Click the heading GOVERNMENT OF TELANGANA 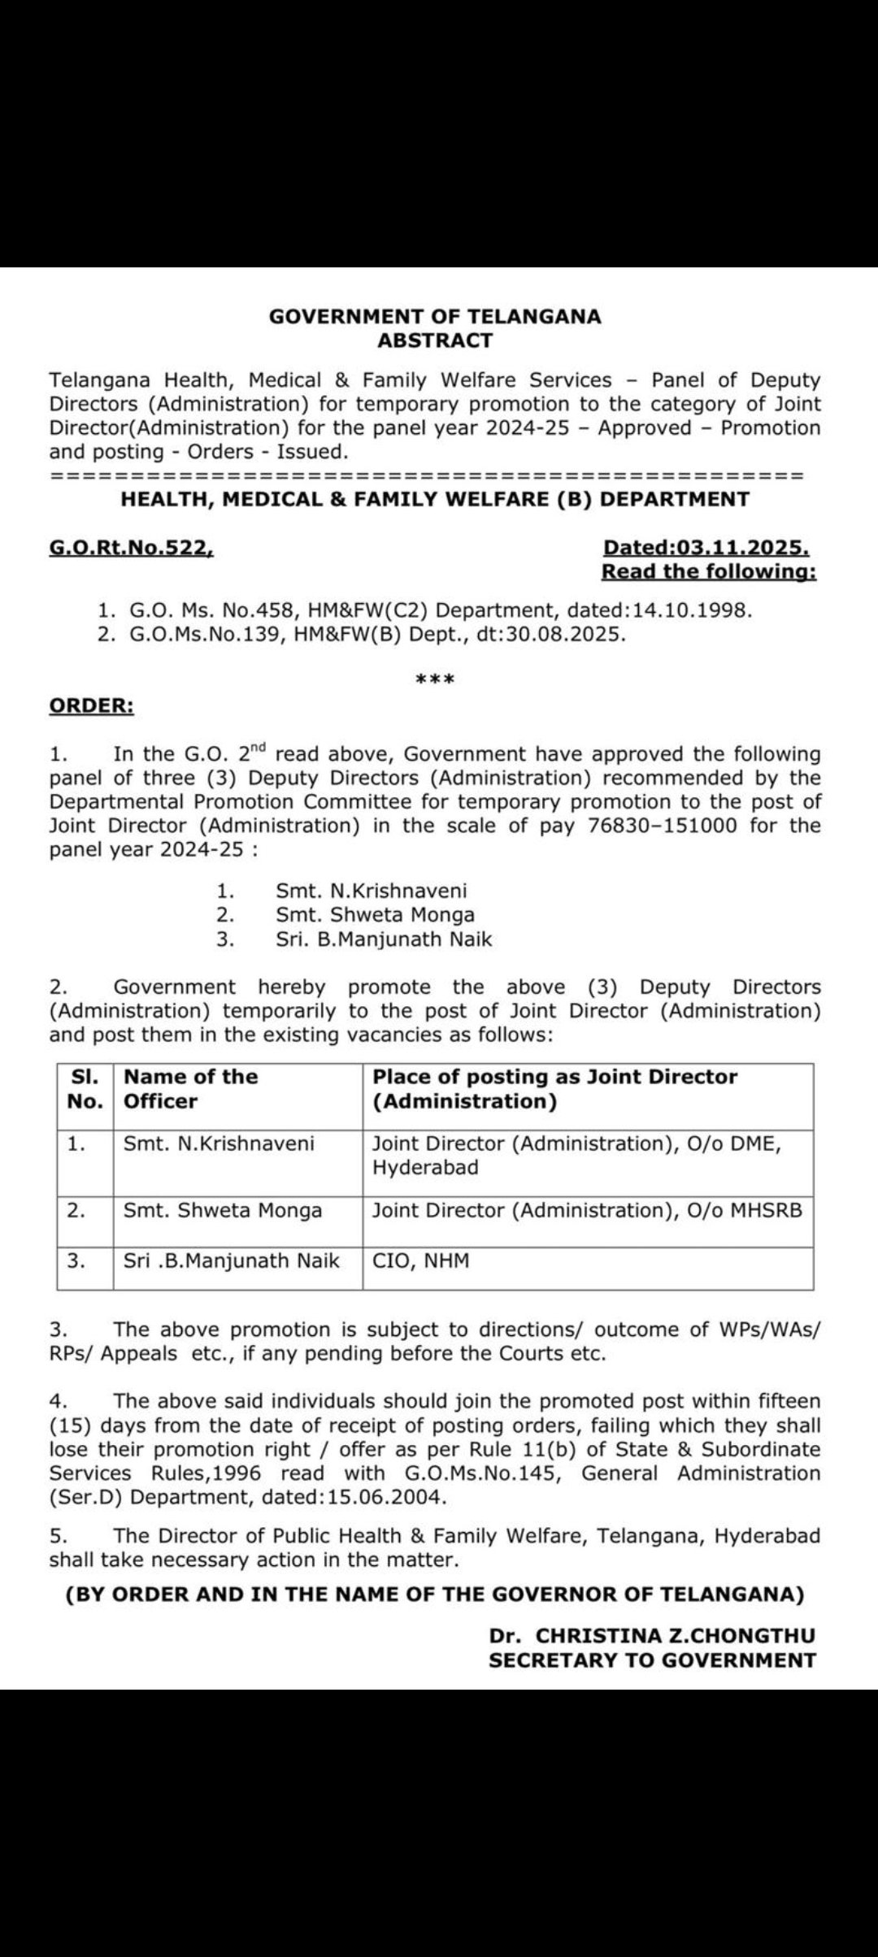click(x=435, y=317)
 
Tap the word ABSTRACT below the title click(x=435, y=341)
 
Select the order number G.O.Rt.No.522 click(x=131, y=549)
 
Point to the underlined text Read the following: click(x=708, y=572)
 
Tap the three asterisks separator click(x=435, y=679)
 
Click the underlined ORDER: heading click(x=92, y=706)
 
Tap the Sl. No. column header click(x=85, y=1089)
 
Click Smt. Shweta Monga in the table click(x=223, y=1211)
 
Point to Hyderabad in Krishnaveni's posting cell click(x=425, y=1168)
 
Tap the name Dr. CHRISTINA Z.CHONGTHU click(x=652, y=1636)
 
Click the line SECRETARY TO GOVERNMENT click(x=652, y=1660)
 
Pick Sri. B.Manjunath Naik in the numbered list click(x=384, y=939)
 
